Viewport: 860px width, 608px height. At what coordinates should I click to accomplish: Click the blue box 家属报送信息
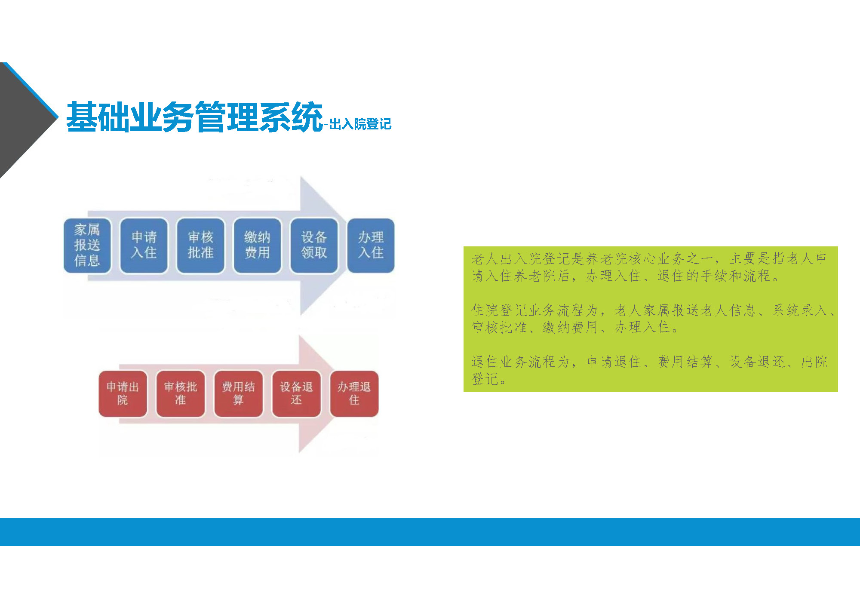pyautogui.click(x=87, y=246)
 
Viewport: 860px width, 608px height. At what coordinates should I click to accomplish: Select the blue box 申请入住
pyautogui.click(x=144, y=246)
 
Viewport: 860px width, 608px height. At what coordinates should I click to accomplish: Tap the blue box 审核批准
pyautogui.click(x=200, y=246)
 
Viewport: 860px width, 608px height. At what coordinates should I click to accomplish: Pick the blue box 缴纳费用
pyautogui.click(x=257, y=246)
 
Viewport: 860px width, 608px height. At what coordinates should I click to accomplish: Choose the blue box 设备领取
pyautogui.click(x=314, y=246)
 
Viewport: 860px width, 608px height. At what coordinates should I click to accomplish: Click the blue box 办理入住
pyautogui.click(x=371, y=246)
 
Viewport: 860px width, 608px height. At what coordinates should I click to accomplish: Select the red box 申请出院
pyautogui.click(x=123, y=393)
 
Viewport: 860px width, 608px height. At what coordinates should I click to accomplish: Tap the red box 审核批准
pyautogui.click(x=181, y=393)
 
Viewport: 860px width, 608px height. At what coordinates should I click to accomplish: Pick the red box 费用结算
pyautogui.click(x=238, y=393)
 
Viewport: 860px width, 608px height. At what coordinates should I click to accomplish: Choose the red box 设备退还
pyautogui.click(x=296, y=393)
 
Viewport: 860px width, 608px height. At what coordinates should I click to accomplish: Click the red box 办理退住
pyautogui.click(x=354, y=393)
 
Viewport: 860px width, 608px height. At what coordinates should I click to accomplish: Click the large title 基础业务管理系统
pyautogui.click(x=194, y=117)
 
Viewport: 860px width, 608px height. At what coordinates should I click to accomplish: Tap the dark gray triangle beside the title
pyautogui.click(x=24, y=120)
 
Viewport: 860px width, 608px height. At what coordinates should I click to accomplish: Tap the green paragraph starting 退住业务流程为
pyautogui.click(x=649, y=370)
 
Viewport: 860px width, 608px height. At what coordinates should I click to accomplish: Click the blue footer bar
pyautogui.click(x=430, y=532)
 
